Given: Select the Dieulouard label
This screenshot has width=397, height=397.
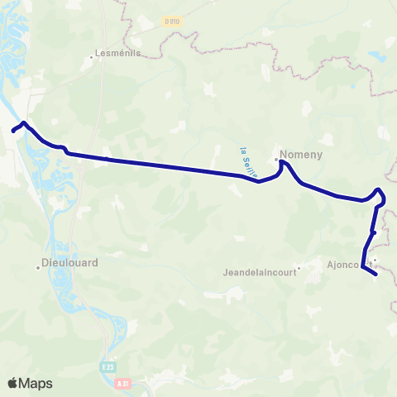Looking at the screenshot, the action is pos(70,265).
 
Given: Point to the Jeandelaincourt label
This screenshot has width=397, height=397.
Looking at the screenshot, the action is pos(260,271).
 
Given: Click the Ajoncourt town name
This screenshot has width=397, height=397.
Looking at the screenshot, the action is pos(347,265).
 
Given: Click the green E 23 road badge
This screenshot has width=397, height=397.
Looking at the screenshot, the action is pos(109,366).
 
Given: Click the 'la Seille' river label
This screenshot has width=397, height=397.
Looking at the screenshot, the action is pos(246,163).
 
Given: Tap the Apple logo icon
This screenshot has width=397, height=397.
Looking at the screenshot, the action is pos(13,383).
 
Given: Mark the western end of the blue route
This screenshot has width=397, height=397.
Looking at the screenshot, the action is pos(12,131).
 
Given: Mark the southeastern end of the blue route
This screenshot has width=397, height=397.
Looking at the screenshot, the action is pos(376,272).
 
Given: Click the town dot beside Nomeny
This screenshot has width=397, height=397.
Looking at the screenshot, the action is pos(276,158).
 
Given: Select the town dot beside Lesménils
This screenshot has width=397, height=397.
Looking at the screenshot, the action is pos(92,57).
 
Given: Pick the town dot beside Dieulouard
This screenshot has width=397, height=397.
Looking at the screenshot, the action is pos(38,266).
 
